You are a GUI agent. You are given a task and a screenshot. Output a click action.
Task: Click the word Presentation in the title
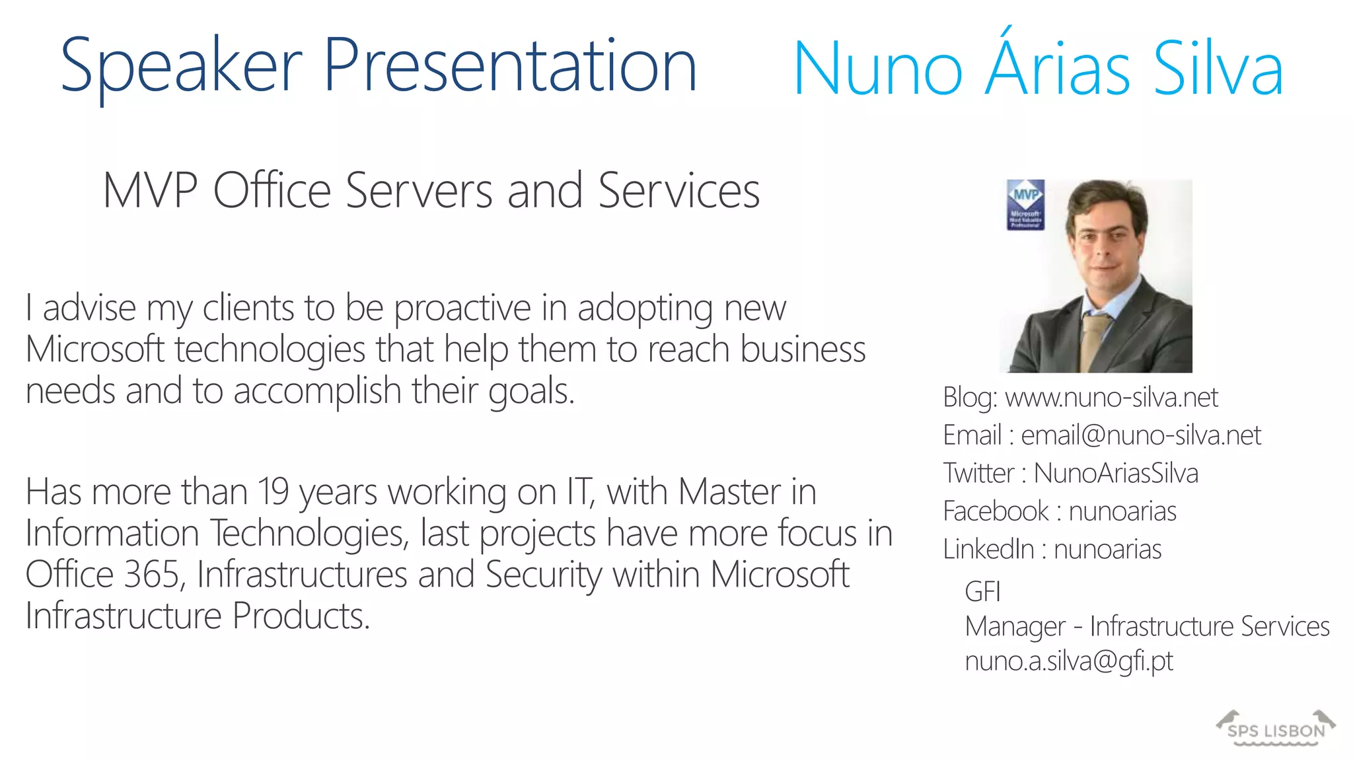pos(510,66)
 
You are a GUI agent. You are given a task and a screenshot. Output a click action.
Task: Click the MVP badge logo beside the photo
pos(1025,205)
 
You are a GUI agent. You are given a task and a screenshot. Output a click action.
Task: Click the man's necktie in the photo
pos(1094,340)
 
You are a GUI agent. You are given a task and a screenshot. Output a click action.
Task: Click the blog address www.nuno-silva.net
pos(1111,398)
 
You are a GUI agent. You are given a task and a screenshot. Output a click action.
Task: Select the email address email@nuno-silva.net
pos(1141,435)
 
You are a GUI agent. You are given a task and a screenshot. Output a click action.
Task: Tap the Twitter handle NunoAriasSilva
pos(1116,474)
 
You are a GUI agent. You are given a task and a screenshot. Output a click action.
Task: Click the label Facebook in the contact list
pos(996,511)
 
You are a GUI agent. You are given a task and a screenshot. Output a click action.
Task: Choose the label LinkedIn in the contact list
pos(988,550)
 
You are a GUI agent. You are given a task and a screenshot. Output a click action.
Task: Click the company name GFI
pos(982,591)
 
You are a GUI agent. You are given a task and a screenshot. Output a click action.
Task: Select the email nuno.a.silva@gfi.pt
pos(1069,661)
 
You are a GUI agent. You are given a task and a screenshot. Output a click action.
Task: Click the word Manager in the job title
pos(1015,626)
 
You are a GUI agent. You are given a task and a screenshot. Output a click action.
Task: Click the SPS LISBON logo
pos(1276,729)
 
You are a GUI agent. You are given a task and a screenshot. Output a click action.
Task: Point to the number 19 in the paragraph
pos(273,492)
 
